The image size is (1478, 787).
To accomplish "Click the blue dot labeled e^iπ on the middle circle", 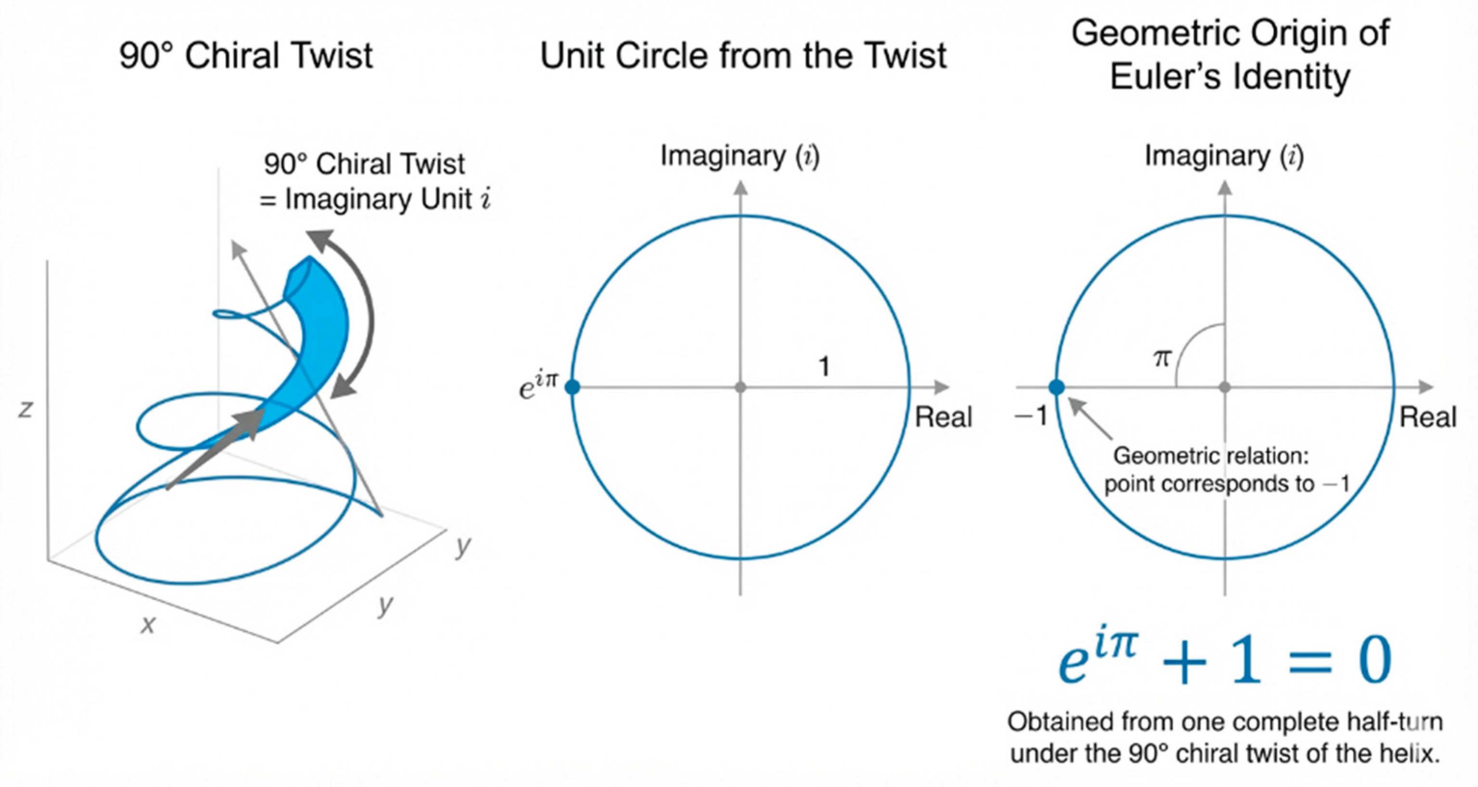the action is (x=572, y=387).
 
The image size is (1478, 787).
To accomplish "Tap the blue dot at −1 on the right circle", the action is (x=1057, y=387).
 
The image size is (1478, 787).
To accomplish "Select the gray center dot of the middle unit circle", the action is (x=740, y=387).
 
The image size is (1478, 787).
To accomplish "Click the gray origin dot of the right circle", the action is (x=1225, y=387).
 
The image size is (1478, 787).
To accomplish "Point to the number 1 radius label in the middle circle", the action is (x=824, y=366).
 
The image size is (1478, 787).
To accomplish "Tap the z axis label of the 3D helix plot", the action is (x=25, y=409).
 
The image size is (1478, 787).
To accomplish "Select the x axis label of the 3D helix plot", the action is (x=148, y=624).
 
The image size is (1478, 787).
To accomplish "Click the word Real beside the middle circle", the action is (x=943, y=417).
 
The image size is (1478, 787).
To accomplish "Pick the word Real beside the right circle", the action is (x=1428, y=417).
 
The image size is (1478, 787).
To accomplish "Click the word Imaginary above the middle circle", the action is (x=723, y=156).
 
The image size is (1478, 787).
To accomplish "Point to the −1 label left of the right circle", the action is (x=1031, y=415).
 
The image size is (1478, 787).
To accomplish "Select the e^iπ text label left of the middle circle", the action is (x=538, y=386).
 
